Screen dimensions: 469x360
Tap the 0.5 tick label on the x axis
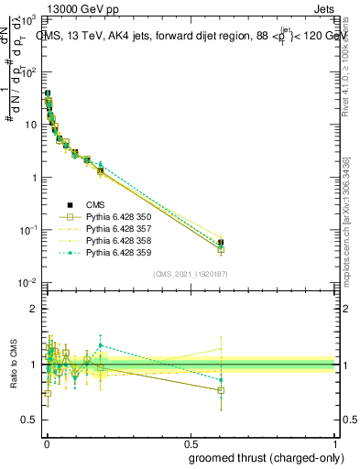[x=191, y=446]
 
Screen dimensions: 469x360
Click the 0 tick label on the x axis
[x=46, y=446]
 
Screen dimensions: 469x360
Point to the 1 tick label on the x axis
[x=334, y=446]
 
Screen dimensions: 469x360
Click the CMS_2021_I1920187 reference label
[x=191, y=274]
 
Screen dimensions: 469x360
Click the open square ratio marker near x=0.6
[x=221, y=390]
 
